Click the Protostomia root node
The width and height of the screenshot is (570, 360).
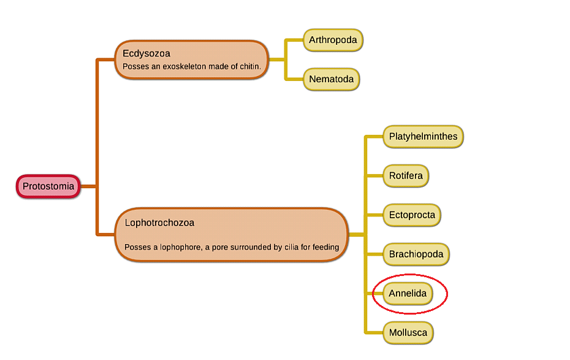coord(48,186)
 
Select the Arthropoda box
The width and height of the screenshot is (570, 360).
coord(333,40)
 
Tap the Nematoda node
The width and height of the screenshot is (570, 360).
coord(331,79)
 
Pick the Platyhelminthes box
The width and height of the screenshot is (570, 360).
coord(423,136)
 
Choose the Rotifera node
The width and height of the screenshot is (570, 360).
coord(406,176)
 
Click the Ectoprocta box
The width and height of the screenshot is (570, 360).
coord(412,215)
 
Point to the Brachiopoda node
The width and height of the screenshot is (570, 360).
coord(417,254)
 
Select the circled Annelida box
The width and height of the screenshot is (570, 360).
coord(408,294)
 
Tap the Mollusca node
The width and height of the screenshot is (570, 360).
coord(408,333)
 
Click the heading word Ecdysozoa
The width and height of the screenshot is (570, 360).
coord(146,53)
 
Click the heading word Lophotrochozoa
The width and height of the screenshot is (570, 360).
coord(159,223)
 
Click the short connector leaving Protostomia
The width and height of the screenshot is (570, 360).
coord(88,186)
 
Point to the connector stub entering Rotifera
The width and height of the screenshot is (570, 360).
coord(375,176)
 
